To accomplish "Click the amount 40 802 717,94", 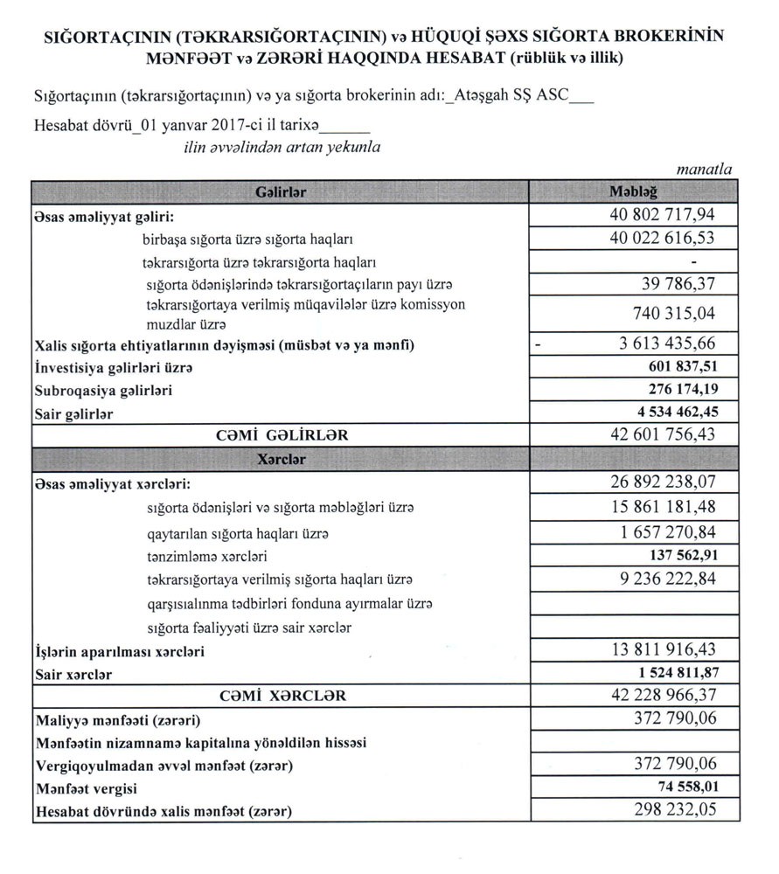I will [662, 214].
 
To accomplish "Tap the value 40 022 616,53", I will [662, 237].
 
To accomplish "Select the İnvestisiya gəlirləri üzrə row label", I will [113, 369].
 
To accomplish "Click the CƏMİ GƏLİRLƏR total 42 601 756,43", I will [662, 434].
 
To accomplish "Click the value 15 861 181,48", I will [662, 507].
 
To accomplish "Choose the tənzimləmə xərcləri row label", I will [207, 556].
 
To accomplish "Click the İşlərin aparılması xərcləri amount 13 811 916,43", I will [662, 650].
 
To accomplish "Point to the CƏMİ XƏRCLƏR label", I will [281, 697].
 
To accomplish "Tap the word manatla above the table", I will [704, 170].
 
